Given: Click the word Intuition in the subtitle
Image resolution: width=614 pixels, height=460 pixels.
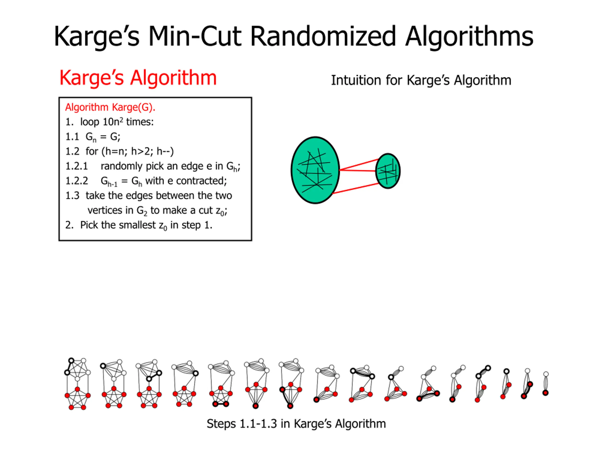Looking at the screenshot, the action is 353,80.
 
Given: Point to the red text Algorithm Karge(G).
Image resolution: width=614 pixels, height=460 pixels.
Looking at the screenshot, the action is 110,107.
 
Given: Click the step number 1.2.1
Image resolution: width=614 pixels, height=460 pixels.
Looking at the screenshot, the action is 76,166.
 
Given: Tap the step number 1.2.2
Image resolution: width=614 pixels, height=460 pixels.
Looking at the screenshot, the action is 76,181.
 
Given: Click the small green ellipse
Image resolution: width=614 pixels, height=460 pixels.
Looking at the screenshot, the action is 388,171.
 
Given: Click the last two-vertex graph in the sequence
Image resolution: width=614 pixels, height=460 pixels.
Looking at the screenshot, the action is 545,384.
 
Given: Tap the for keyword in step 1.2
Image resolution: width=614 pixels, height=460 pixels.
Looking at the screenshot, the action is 92,152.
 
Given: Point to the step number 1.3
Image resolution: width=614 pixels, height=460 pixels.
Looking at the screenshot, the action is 72,196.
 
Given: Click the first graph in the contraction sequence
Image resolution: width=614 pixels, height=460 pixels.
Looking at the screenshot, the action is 77,384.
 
